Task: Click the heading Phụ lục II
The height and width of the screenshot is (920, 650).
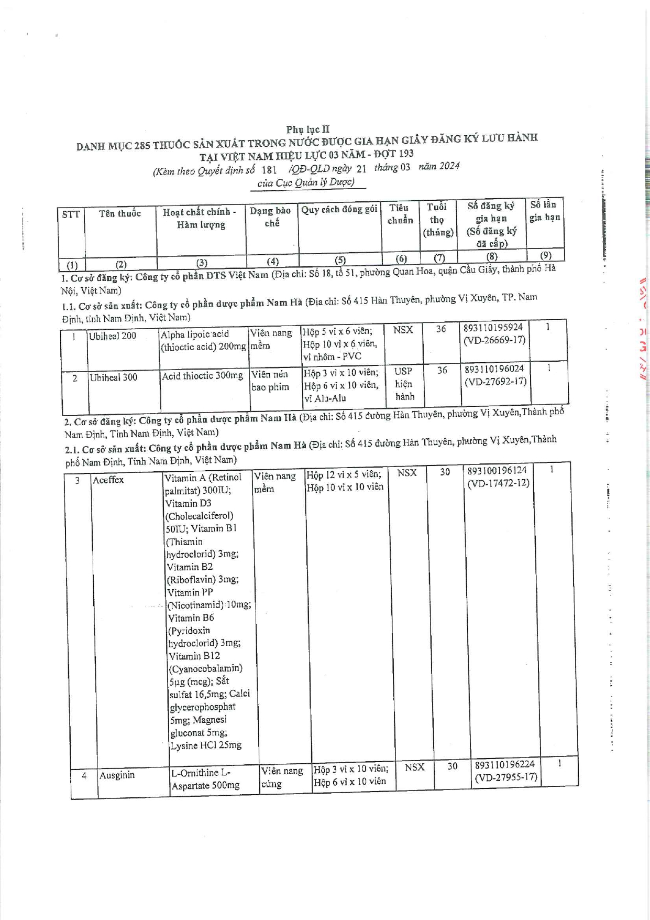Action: pyautogui.click(x=307, y=129)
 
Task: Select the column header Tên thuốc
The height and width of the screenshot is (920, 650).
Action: pyautogui.click(x=120, y=213)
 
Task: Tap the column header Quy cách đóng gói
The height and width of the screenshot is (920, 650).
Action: pyautogui.click(x=339, y=210)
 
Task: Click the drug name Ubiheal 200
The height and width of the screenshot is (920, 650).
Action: pyautogui.click(x=113, y=336)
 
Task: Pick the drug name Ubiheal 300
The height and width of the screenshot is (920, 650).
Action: pyautogui.click(x=114, y=377)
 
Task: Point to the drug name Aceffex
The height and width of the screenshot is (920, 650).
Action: pyautogui.click(x=108, y=480)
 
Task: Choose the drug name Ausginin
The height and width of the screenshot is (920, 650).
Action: pyautogui.click(x=117, y=775)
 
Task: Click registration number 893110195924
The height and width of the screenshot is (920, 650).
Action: pyautogui.click(x=493, y=328)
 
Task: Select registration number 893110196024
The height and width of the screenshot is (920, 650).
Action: pyautogui.click(x=494, y=369)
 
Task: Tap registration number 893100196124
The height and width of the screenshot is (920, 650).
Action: pyautogui.click(x=497, y=470)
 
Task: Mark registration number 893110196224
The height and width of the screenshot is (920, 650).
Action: pyautogui.click(x=504, y=765)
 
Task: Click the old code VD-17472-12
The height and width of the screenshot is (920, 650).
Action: pyautogui.click(x=498, y=483)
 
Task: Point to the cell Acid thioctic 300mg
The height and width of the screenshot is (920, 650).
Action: pyautogui.click(x=203, y=376)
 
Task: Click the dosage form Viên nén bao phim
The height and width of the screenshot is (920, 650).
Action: pyautogui.click(x=270, y=381)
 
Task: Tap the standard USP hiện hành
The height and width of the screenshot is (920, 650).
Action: pyautogui.click(x=404, y=384)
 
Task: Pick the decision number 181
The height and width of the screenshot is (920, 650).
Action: pyautogui.click(x=269, y=170)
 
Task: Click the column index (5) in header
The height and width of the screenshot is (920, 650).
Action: pyautogui.click(x=340, y=260)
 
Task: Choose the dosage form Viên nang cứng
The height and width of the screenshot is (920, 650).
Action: pyautogui.click(x=282, y=777)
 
